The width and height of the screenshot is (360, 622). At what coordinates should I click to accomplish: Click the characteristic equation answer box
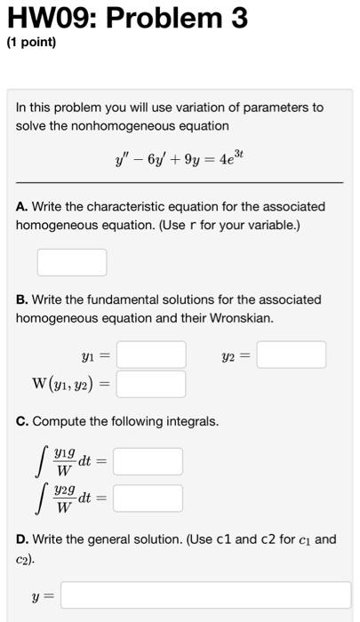click(x=72, y=262)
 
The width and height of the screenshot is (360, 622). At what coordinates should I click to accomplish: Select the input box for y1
click(x=151, y=355)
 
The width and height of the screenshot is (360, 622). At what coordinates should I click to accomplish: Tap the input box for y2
click(x=292, y=355)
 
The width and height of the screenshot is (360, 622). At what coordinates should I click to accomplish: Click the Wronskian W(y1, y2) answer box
click(x=151, y=384)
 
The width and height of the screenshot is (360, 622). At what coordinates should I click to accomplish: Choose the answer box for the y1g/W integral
click(x=148, y=461)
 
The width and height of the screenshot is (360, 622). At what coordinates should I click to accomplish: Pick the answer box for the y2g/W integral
click(x=148, y=498)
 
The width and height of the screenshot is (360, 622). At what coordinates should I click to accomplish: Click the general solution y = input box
click(x=205, y=594)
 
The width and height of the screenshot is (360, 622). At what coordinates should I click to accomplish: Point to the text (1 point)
click(x=31, y=43)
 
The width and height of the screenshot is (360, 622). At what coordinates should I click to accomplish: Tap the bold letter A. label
click(x=21, y=206)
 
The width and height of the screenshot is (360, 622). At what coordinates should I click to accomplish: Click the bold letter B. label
click(x=21, y=299)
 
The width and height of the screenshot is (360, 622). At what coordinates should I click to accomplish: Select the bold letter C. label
click(x=21, y=420)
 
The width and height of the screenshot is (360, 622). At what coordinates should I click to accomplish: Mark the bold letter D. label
click(x=21, y=538)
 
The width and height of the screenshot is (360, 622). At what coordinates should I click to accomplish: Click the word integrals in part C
click(x=191, y=420)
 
